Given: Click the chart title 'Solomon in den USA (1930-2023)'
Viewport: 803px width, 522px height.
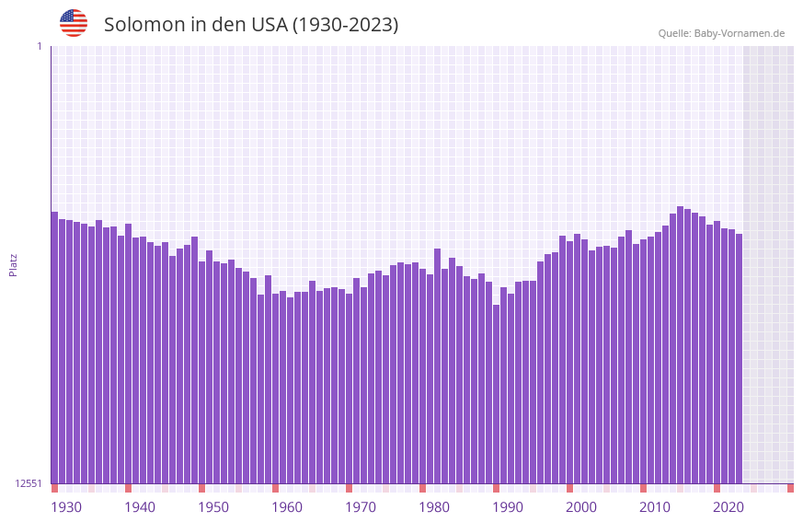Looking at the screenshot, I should point(251,25).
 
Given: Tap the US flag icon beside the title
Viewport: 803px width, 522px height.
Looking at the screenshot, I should point(74,23).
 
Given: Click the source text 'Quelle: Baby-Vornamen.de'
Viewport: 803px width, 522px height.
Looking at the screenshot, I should point(721,33).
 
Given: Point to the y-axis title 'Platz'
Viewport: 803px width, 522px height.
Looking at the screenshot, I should point(13,265).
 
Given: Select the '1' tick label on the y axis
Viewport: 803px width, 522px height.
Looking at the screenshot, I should point(39,46).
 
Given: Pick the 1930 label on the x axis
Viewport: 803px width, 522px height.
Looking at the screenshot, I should point(66,507).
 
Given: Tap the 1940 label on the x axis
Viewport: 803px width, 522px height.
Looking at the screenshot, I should point(140,507).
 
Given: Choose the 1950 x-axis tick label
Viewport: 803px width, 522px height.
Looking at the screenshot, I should point(213,507).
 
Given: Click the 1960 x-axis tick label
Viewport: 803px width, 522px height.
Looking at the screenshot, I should point(287,507).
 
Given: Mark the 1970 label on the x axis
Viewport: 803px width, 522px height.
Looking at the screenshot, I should point(361,507).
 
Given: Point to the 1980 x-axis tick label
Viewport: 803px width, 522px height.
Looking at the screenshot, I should point(434,507).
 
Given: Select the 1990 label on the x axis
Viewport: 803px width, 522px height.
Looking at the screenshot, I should point(508,507).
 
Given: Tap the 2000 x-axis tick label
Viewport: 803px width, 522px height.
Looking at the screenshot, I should point(581,507).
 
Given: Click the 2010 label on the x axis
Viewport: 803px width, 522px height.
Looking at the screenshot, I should point(655,507).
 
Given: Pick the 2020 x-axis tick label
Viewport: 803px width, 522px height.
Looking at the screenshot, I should point(728,507).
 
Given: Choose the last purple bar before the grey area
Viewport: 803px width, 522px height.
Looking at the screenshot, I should point(739,359).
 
